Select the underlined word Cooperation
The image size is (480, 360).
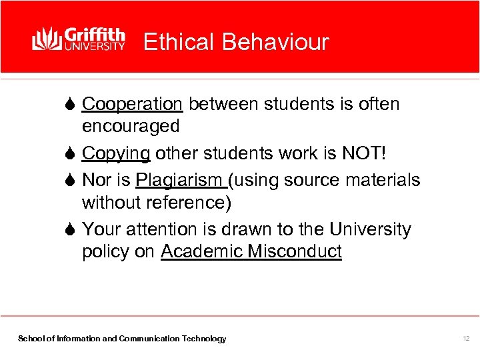[132, 105]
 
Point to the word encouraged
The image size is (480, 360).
[131, 126]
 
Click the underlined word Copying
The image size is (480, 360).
[116, 153]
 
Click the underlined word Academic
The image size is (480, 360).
[202, 251]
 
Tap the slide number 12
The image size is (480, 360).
[466, 339]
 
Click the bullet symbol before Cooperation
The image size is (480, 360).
[71, 105]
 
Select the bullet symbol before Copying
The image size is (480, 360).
[71, 153]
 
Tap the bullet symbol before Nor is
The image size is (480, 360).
[71, 180]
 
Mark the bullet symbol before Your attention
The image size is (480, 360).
[71, 229]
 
